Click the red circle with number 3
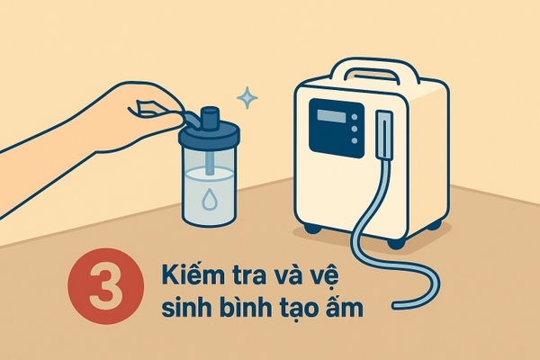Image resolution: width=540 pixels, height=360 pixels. [106, 286]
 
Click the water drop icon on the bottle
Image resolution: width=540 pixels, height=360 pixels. [209, 199]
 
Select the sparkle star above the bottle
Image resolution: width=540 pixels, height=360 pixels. [247, 98]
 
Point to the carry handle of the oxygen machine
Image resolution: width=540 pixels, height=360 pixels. [373, 71]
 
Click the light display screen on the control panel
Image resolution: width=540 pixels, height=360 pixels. [331, 116]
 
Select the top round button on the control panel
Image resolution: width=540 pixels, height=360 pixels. [354, 117]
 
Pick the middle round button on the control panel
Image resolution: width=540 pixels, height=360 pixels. [354, 129]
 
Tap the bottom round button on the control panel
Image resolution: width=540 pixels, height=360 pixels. [354, 140]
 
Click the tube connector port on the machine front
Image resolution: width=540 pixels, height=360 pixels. [384, 134]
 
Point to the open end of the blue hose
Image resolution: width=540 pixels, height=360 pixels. [395, 305]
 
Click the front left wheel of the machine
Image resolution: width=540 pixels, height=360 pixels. [312, 228]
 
